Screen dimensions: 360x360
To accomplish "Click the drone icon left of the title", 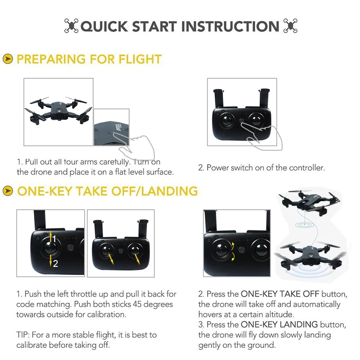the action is click(x=71, y=26).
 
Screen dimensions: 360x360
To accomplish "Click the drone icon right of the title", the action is click(x=290, y=26).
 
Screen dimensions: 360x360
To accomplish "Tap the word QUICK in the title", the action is click(x=104, y=27).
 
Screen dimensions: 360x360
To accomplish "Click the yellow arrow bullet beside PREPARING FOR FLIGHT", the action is click(x=8, y=59).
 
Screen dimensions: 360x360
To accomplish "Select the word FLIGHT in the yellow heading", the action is click(x=140, y=59).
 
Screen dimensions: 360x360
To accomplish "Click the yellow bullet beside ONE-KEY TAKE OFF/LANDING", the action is click(x=8, y=191).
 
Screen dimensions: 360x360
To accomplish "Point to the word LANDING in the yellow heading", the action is click(x=170, y=191).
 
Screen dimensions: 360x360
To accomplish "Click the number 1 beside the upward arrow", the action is click(x=54, y=239).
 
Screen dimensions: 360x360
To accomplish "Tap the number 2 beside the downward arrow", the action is click(x=55, y=264).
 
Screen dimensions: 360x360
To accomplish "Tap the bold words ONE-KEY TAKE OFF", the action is click(x=280, y=294).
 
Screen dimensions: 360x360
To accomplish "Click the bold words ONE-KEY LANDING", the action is click(x=279, y=324).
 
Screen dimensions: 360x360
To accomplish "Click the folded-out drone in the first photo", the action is click(x=58, y=110).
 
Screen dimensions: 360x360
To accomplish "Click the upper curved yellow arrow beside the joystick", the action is click(x=233, y=246).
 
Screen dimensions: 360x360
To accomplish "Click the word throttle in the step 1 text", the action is click(x=83, y=294).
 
